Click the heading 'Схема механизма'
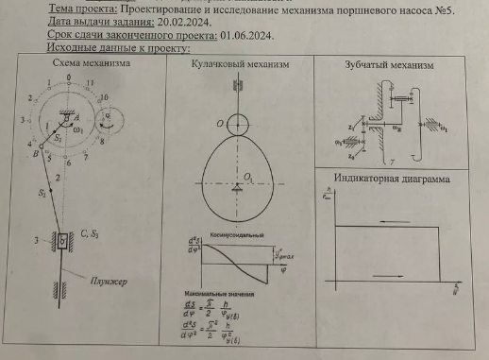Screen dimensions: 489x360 91,65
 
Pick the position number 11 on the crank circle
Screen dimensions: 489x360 89,84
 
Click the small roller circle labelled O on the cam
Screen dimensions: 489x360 238,123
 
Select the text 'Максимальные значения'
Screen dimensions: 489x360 224,295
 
